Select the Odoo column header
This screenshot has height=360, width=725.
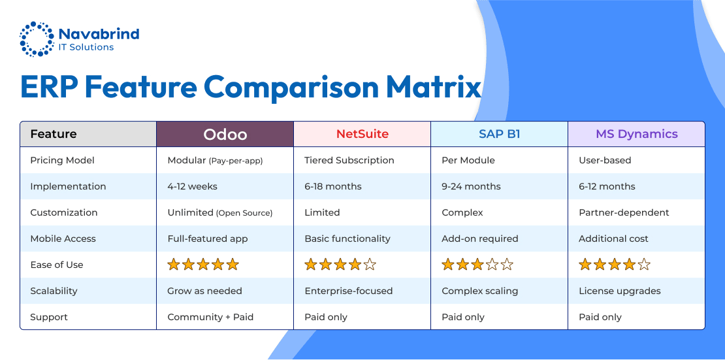(x=225, y=134)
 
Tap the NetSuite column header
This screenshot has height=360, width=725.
(x=362, y=134)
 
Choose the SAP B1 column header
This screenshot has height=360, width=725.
(x=499, y=134)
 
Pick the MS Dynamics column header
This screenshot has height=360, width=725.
(x=636, y=134)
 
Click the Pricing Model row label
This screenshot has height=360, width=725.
(x=63, y=161)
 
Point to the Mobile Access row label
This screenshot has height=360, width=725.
(x=63, y=238)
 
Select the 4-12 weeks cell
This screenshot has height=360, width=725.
(x=192, y=186)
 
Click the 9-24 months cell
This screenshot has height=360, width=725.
(x=471, y=186)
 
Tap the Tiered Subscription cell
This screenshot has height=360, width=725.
(x=349, y=161)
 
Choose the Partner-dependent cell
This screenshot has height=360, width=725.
(x=624, y=213)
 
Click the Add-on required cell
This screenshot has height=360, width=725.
(x=480, y=238)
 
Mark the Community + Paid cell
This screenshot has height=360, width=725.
(x=210, y=317)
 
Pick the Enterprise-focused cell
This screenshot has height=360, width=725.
(x=348, y=291)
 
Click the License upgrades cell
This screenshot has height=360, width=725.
(x=620, y=291)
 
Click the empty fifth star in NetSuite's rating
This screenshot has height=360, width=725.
(x=370, y=265)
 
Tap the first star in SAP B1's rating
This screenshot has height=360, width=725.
(x=448, y=265)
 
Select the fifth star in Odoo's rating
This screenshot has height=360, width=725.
(x=233, y=265)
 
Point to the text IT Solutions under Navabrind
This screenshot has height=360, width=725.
(x=86, y=47)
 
